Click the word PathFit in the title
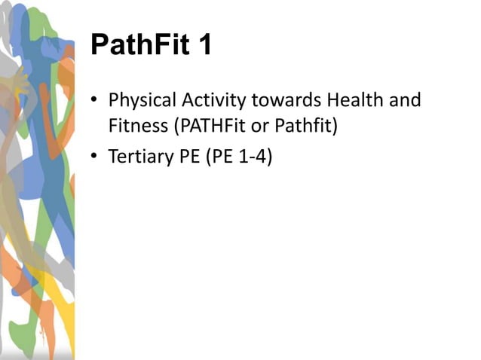click(x=140, y=45)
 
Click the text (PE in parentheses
click(x=221, y=157)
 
